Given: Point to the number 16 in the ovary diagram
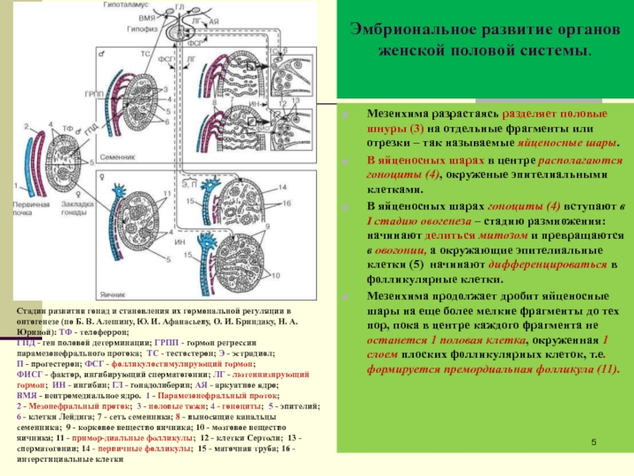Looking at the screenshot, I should (288, 204).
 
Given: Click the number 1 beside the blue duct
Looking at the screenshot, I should (15, 184).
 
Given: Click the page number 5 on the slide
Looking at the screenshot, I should (594, 442).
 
